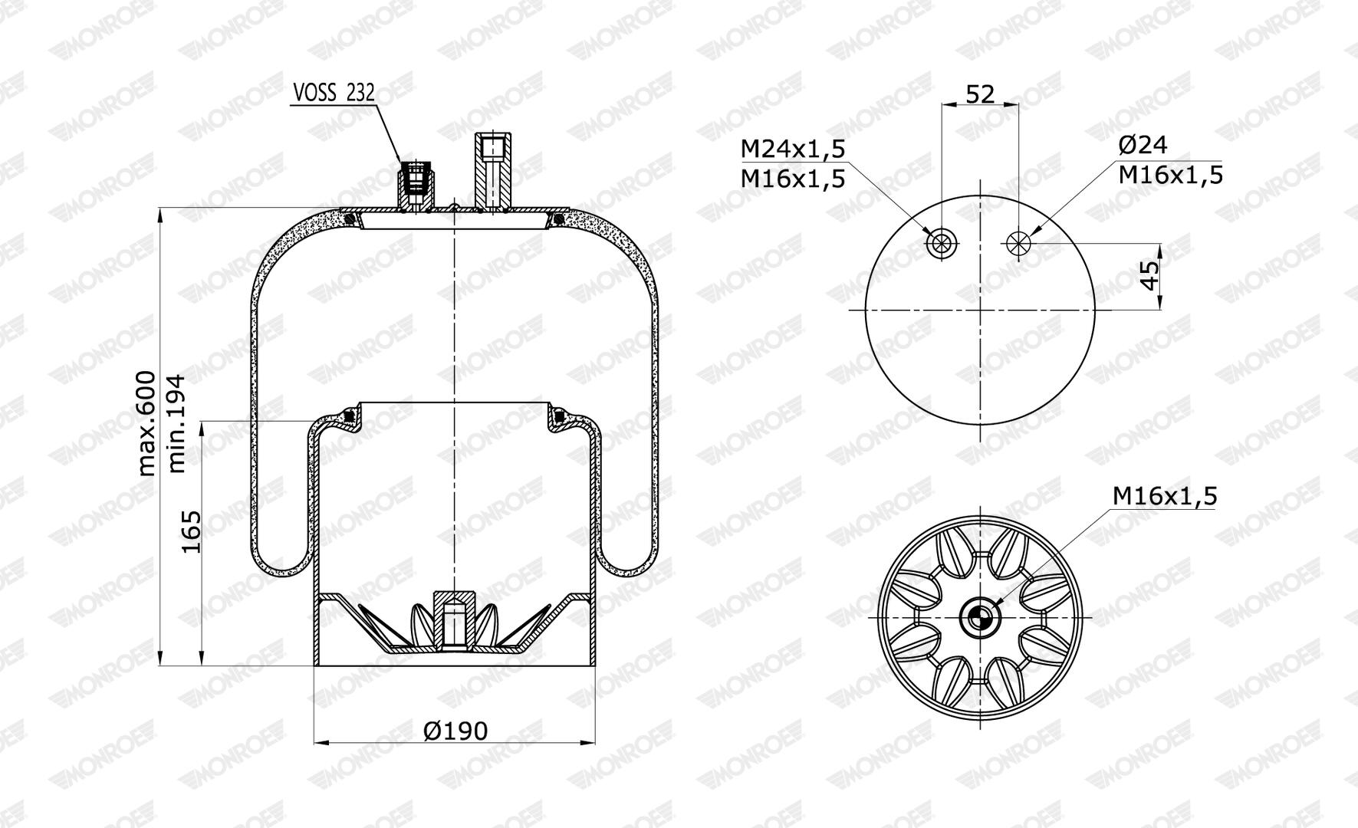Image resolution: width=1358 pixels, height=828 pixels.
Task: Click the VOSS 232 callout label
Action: [334, 93]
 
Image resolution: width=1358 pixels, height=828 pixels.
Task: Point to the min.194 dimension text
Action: [177, 423]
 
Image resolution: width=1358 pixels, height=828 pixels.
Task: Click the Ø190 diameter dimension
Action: [455, 731]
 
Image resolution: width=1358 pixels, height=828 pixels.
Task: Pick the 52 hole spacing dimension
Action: [980, 94]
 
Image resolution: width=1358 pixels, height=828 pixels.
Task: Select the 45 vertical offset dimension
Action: [1149, 276]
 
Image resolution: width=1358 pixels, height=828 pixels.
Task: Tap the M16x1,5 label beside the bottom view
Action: [1165, 496]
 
